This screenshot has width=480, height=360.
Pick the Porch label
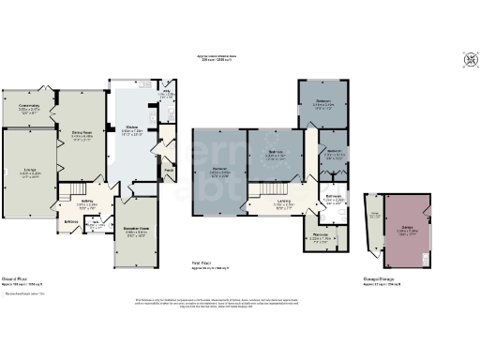(x=170, y=170)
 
